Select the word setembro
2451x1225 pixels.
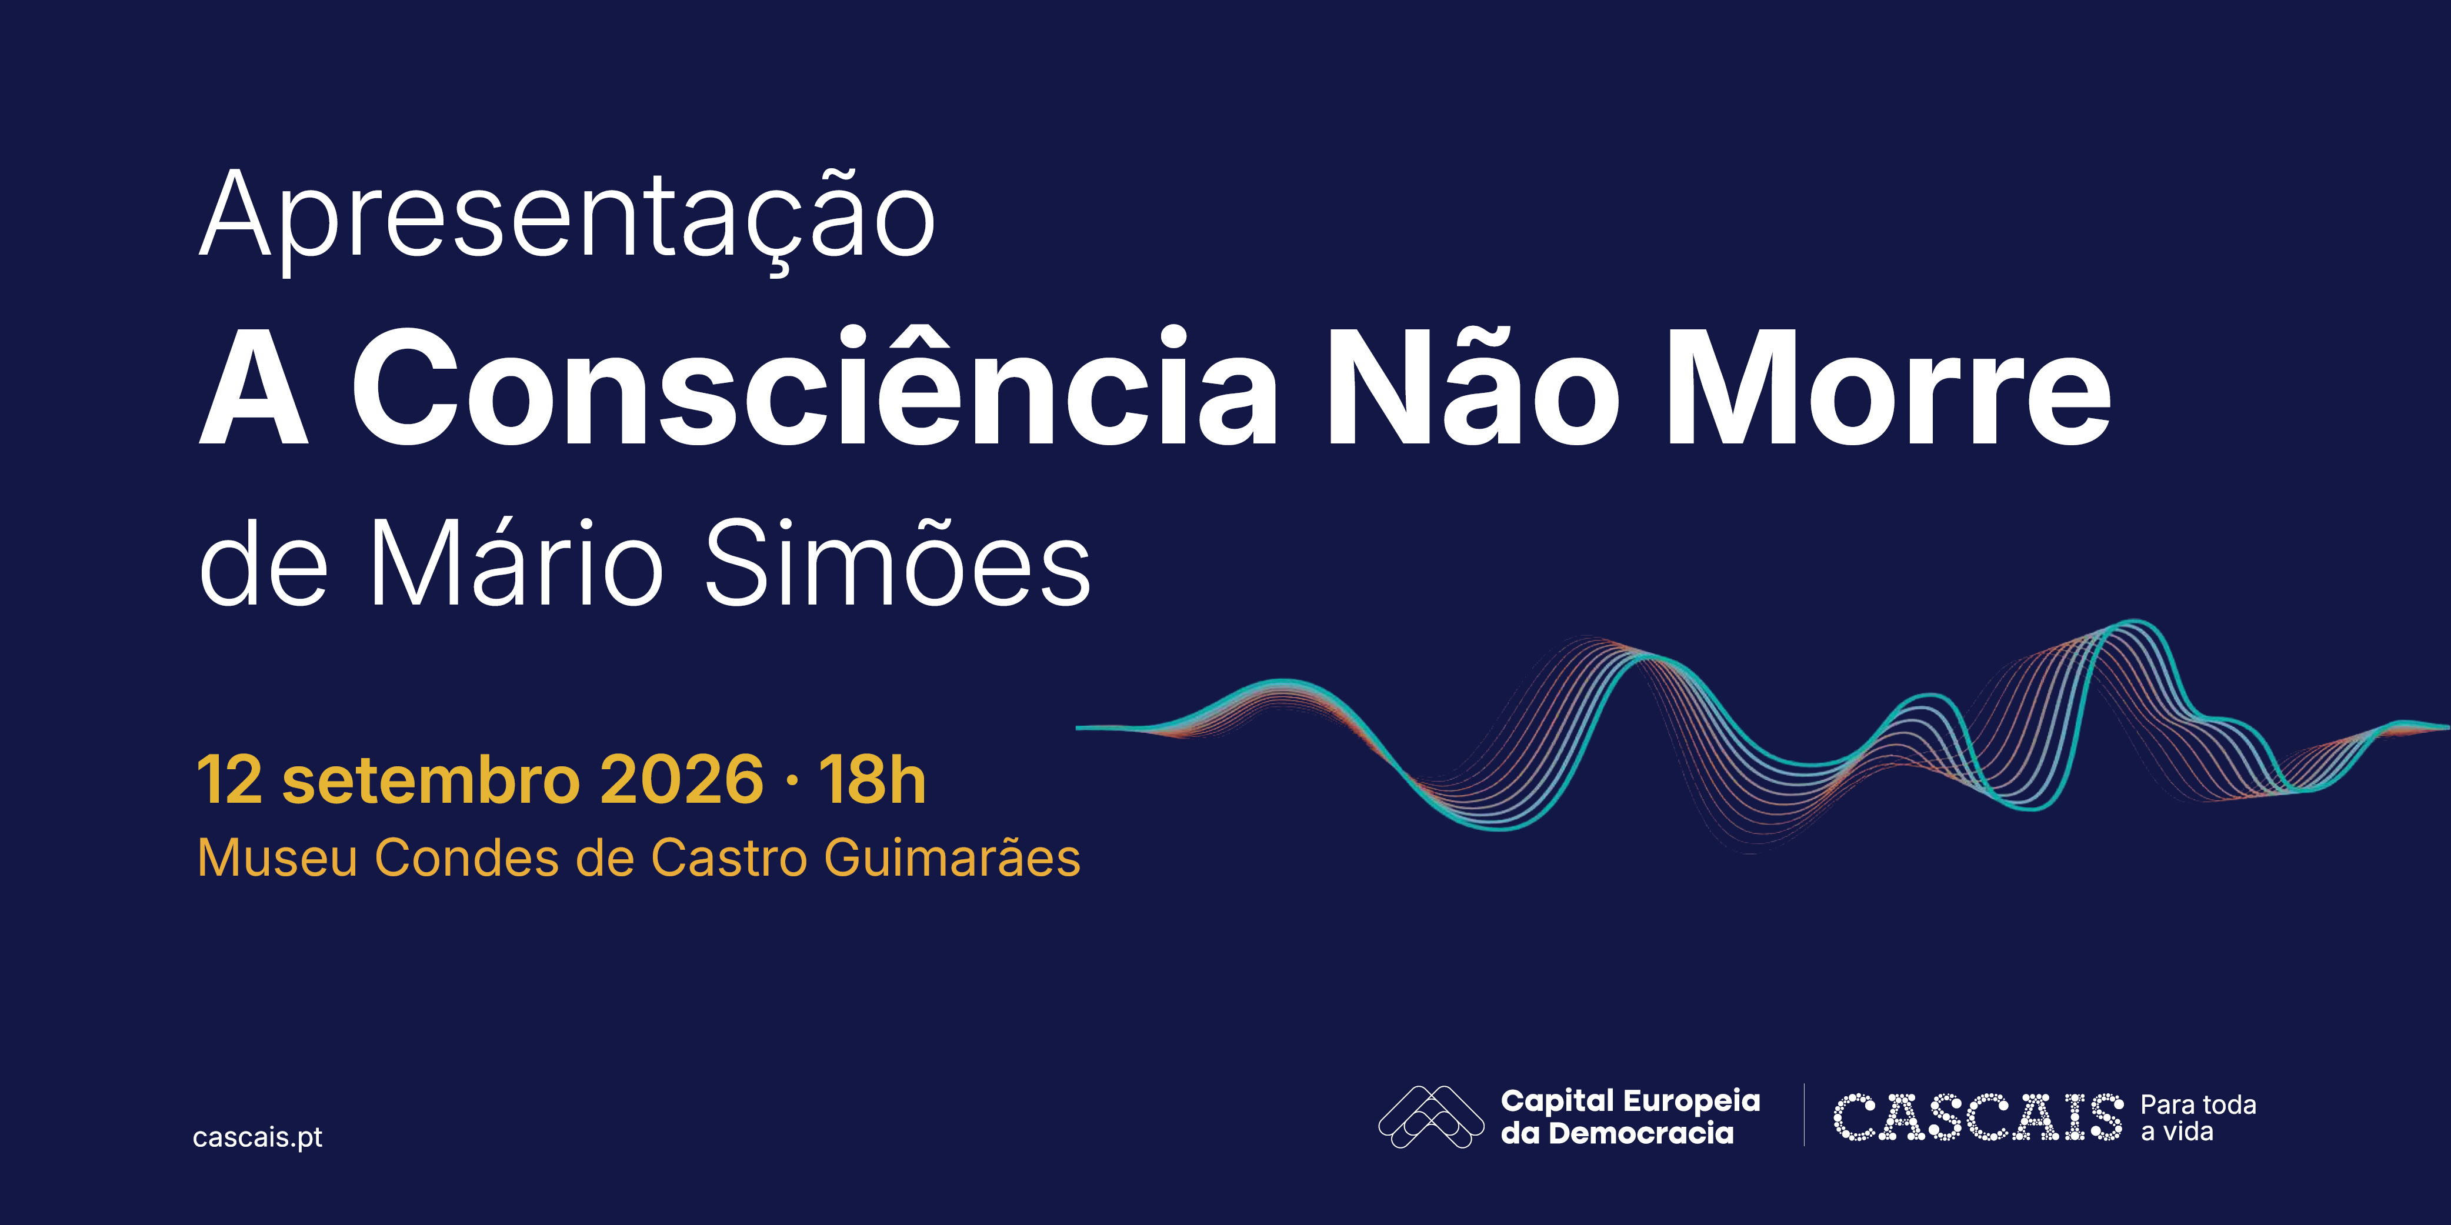pos(431,780)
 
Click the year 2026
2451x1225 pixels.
pos(682,780)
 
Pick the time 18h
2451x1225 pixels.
pos(872,780)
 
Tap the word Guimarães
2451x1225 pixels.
pos(952,859)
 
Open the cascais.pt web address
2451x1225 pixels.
pos(258,1137)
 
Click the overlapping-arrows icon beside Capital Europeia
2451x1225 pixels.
pos(1431,1117)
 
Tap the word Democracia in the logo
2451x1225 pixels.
pos(1641,1133)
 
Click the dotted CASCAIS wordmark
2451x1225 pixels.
pos(1978,1117)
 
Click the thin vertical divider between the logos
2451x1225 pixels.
pos(1804,1114)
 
